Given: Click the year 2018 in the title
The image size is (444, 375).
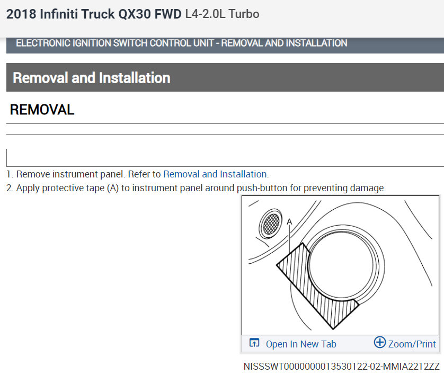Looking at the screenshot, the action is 21,14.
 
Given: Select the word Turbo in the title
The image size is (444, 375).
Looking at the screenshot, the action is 244,14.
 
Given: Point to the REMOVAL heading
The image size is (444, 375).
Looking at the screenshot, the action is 42,110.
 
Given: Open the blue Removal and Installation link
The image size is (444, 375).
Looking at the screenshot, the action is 215,174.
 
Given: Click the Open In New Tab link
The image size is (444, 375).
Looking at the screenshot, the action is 301,344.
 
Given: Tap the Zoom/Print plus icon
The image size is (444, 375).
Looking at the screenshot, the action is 380,342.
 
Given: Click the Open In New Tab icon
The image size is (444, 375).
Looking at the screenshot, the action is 254,343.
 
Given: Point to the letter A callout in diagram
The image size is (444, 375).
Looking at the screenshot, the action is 289,221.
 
